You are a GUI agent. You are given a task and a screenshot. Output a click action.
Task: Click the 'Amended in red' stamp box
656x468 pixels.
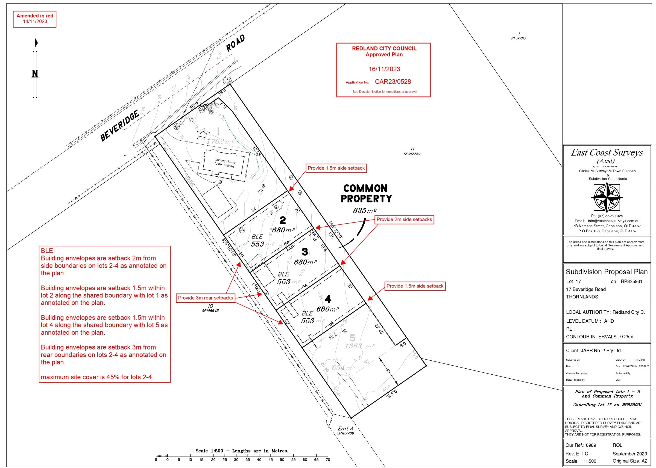click(35, 19)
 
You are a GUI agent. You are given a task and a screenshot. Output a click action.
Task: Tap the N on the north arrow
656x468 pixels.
click(35, 74)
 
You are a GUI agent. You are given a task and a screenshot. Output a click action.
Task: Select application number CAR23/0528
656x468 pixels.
click(393, 82)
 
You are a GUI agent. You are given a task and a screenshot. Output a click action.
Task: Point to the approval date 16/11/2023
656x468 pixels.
click(384, 69)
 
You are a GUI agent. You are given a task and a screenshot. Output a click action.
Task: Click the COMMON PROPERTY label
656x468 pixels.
click(366, 193)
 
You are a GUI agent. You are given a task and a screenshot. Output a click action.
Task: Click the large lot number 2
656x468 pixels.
click(283, 221)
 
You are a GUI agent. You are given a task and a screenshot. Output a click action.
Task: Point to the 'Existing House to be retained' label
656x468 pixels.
click(225, 163)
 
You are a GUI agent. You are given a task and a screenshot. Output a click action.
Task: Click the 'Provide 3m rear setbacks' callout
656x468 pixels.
click(205, 298)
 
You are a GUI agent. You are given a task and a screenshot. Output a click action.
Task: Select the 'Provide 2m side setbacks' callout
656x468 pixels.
click(404, 220)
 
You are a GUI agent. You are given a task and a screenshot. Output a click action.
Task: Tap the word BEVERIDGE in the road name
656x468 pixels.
click(120, 126)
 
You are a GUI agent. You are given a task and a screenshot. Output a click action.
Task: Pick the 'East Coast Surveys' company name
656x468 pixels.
click(607, 152)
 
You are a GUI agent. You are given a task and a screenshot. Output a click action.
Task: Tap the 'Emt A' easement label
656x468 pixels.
click(345, 429)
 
